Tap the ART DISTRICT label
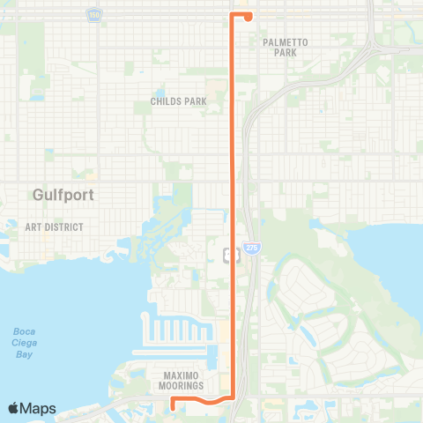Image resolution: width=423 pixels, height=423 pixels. (54, 227)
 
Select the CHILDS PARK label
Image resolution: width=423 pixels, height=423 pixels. (171, 101)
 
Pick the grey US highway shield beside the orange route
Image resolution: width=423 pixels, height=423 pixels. (229, 256)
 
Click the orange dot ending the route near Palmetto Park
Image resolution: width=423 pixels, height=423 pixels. (249, 16)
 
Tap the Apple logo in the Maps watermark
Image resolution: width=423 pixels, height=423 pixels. (14, 408)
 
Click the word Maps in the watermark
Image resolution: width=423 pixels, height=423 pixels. (39, 408)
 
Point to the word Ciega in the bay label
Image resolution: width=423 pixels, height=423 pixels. (23, 343)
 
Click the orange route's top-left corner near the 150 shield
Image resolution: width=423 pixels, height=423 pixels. (232, 15)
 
